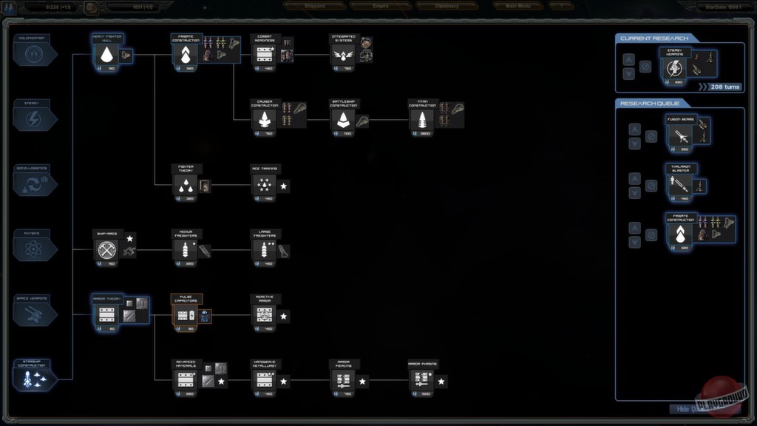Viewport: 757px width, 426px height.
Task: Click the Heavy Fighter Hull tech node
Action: (107, 55)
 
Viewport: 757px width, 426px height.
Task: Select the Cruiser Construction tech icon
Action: (265, 120)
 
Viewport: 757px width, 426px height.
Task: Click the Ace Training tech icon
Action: (265, 185)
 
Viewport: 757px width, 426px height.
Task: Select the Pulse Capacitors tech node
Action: (186, 315)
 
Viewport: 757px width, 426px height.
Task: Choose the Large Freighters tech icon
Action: (265, 250)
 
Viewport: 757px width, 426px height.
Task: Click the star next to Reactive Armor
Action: (284, 317)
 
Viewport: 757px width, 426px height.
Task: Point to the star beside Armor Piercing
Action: (362, 382)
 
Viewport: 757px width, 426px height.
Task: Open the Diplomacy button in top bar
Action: (447, 6)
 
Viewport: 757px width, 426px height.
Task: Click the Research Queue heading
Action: (650, 103)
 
